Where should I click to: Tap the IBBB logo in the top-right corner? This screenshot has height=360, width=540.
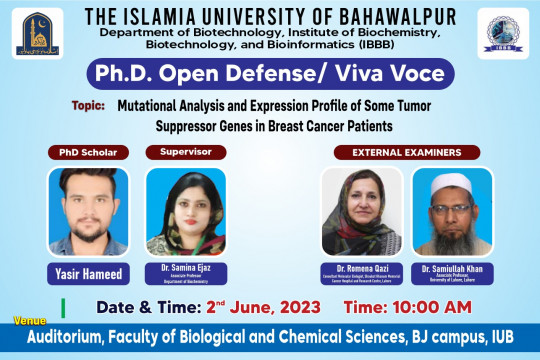[x=503, y=33]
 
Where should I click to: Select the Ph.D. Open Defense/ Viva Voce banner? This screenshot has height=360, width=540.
[x=269, y=74]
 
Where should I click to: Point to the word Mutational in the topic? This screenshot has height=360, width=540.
[x=149, y=105]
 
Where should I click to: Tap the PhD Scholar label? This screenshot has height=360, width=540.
[x=89, y=153]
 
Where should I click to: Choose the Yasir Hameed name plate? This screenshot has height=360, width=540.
[x=89, y=272]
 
